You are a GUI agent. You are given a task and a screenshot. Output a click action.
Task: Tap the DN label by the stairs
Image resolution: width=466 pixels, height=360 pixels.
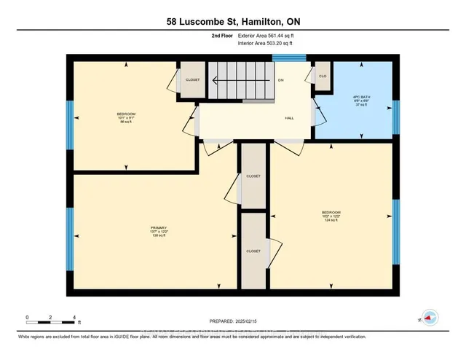(x=280, y=80)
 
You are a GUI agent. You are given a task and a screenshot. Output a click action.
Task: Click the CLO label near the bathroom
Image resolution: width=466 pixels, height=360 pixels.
(x=322, y=75)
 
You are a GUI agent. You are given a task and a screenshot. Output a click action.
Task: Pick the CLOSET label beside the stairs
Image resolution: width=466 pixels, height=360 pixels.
(x=192, y=79)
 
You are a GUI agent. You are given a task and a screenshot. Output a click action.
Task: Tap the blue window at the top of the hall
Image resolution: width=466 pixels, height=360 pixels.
(x=293, y=57)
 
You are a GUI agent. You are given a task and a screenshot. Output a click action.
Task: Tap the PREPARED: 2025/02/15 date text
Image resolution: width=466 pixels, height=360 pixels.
(x=233, y=321)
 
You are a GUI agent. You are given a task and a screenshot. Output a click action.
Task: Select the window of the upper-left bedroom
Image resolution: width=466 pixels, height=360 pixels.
(x=70, y=120)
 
